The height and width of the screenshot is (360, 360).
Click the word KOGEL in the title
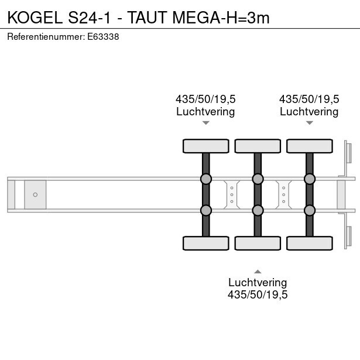click(35, 18)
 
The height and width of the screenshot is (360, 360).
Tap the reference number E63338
click(103, 37)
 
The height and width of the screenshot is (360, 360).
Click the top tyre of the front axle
click(206, 146)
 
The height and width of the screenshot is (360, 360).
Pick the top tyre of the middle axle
click(258, 146)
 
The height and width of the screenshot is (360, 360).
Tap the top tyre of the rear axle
click(310, 146)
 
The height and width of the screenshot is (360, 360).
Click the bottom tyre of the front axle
click(206, 243)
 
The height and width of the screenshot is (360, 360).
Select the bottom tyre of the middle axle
click(258, 243)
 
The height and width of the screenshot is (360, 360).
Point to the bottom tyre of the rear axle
click(310, 243)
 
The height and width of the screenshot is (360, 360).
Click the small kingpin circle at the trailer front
click(35, 195)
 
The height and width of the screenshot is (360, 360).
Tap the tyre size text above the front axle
click(205, 99)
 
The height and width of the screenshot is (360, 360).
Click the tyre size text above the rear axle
click(309, 99)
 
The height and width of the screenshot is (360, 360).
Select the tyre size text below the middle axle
click(258, 294)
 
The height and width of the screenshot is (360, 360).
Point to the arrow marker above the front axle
click(206, 123)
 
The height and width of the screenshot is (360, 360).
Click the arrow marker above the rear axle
click(310, 123)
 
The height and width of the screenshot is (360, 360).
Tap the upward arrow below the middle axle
click(258, 272)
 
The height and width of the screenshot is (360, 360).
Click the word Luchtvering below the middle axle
click(258, 282)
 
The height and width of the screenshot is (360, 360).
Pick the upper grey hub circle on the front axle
click(206, 179)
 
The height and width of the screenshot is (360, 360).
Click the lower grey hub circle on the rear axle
click(310, 210)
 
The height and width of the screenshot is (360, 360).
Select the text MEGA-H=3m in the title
click(221, 18)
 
